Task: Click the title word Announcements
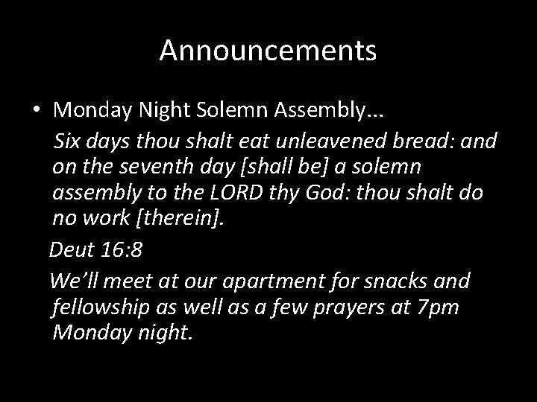point(268,51)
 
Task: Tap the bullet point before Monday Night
point(36,110)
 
